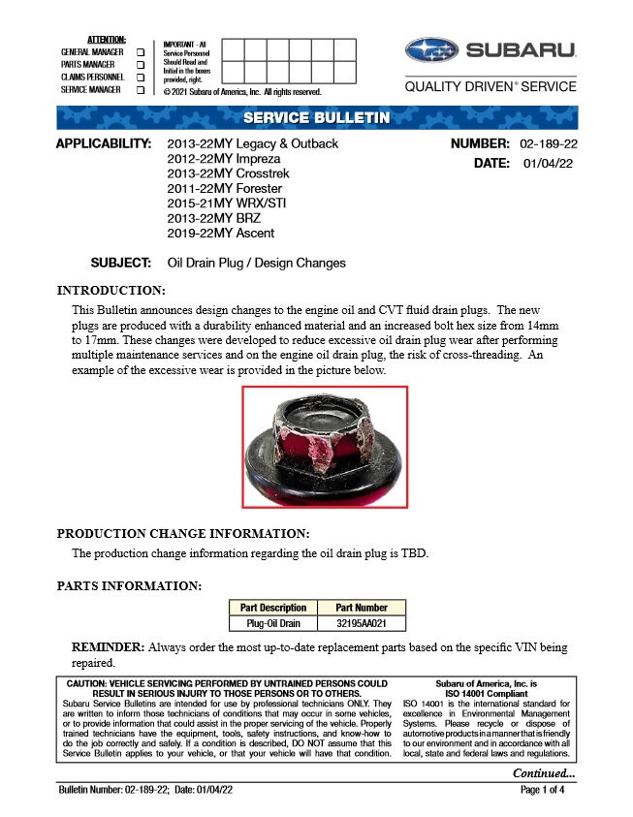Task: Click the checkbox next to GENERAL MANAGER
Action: pos(142,51)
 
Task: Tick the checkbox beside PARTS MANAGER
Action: pos(142,64)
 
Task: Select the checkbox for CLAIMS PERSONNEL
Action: pos(142,77)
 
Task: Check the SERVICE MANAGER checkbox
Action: pos(142,89)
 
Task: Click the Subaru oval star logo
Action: pos(432,50)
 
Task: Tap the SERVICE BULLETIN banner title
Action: pos(316,118)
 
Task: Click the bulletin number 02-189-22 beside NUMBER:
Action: pos(549,144)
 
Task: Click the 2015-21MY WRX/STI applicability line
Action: pos(227,204)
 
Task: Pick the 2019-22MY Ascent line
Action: pos(221,233)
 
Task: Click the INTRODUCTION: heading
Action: pos(111,290)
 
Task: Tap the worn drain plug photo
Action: pos(325,447)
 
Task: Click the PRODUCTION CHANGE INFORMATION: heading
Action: pos(183,533)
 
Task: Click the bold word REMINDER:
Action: pos(109,646)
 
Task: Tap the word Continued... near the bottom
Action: pos(544,772)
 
